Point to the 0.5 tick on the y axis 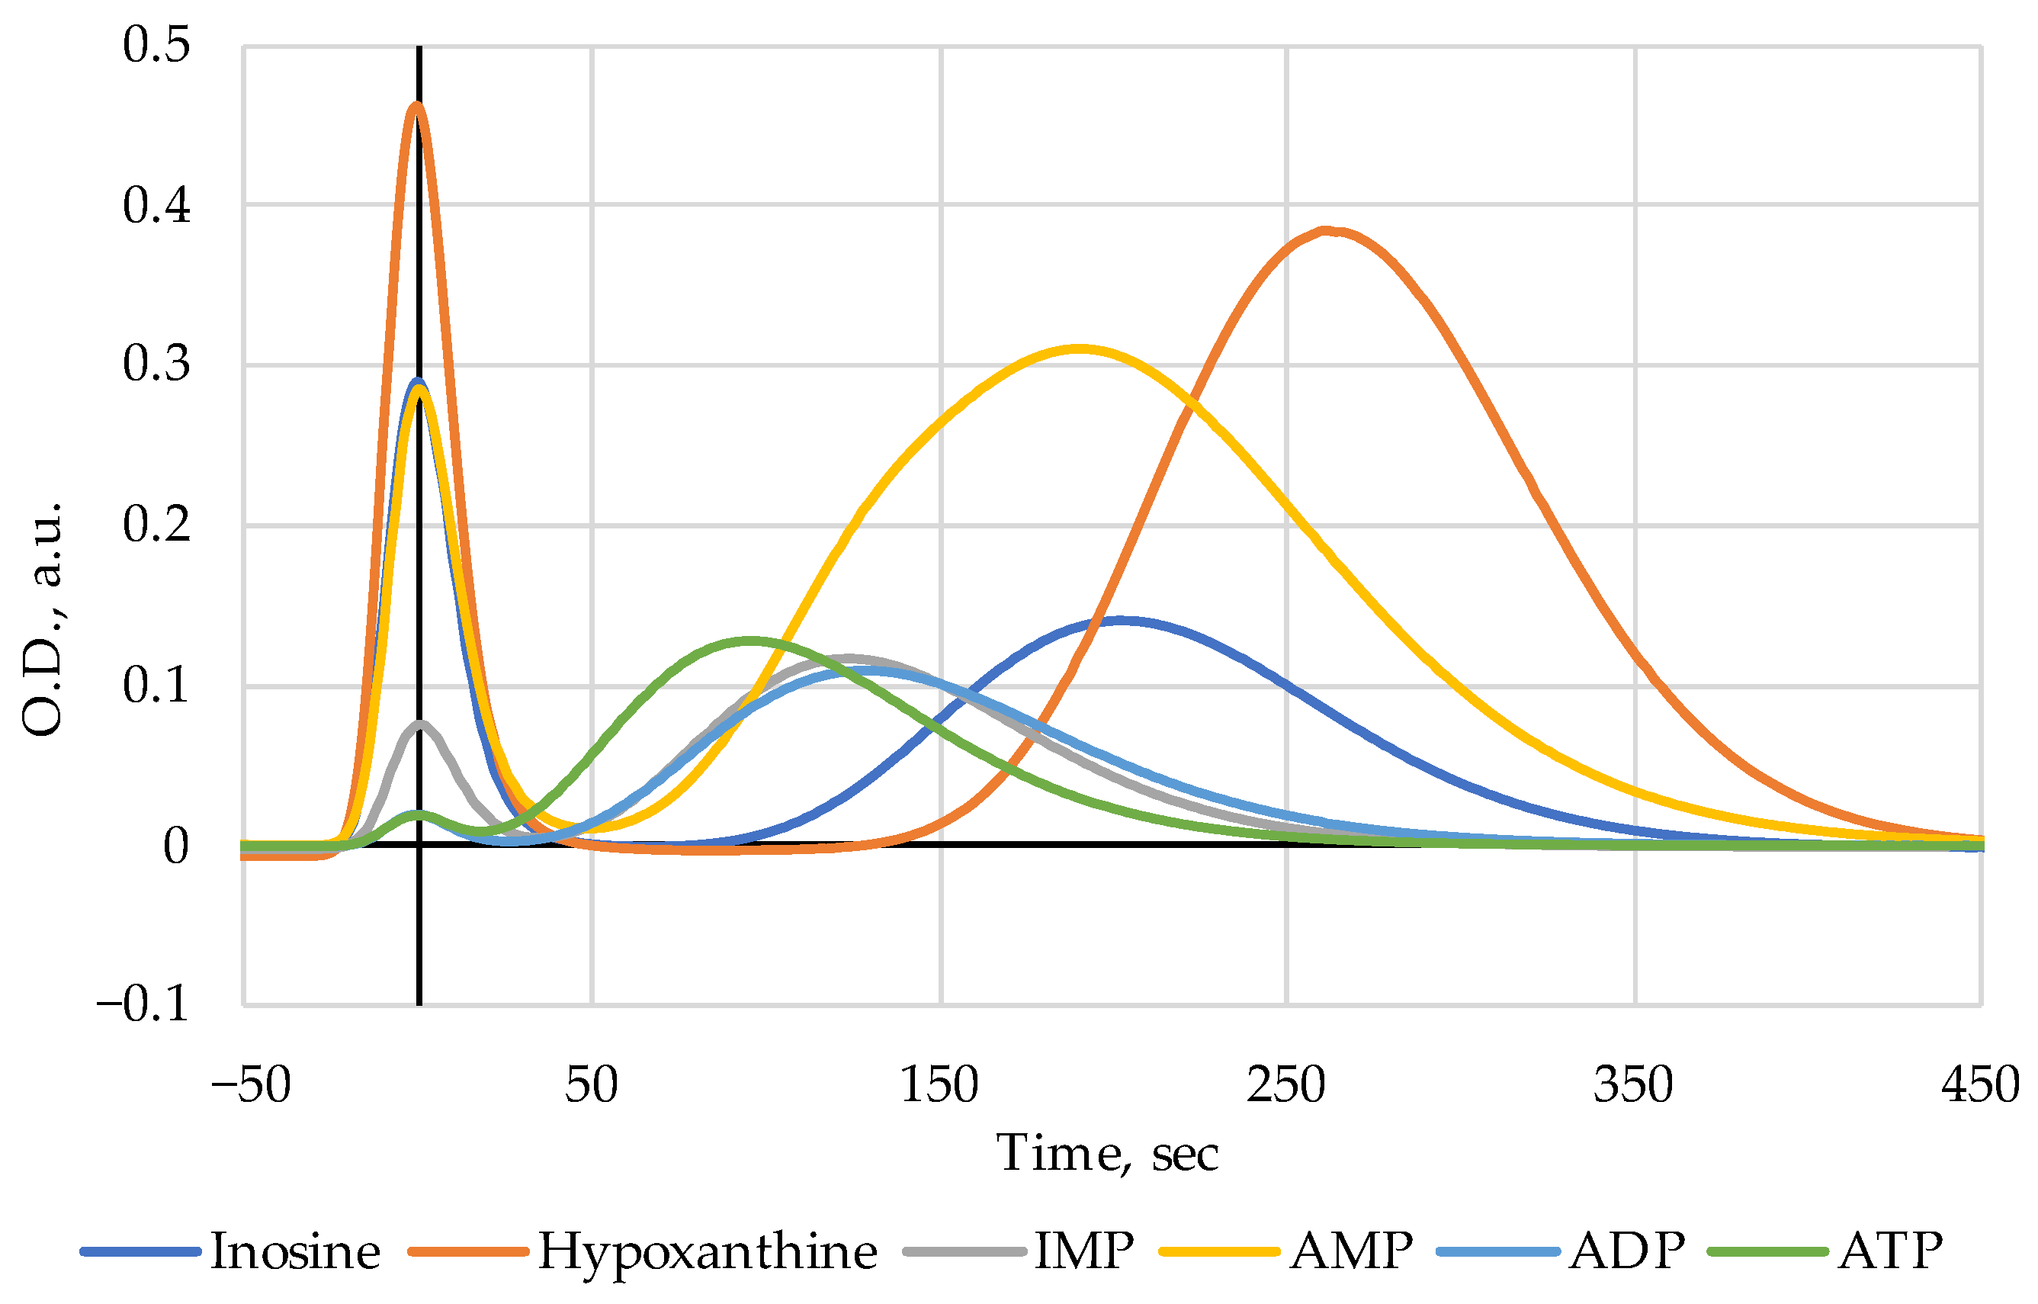[156, 45]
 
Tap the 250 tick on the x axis [1285, 1084]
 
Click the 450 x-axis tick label [1981, 1084]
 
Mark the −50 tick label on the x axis [251, 1084]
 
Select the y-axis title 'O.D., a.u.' [43, 618]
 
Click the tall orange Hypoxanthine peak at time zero [416, 105]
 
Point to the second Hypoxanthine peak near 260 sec [1327, 230]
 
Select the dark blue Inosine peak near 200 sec [1122, 621]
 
